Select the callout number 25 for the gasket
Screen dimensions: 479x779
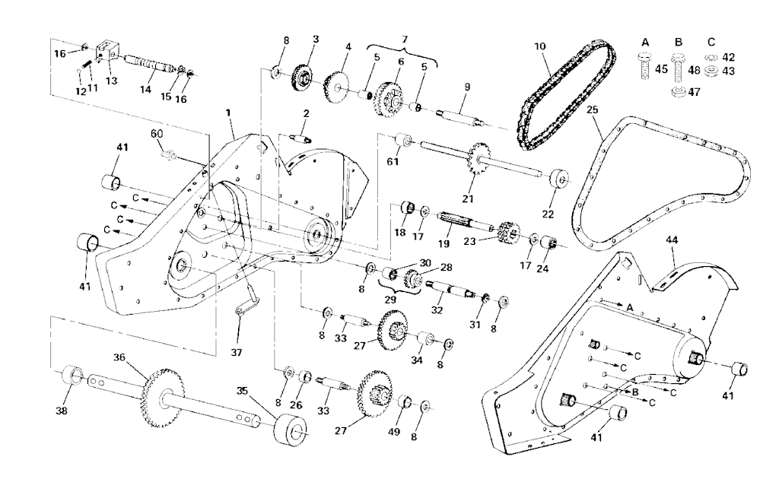click(593, 109)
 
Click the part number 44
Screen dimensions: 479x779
click(672, 239)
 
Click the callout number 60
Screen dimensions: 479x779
click(157, 135)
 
